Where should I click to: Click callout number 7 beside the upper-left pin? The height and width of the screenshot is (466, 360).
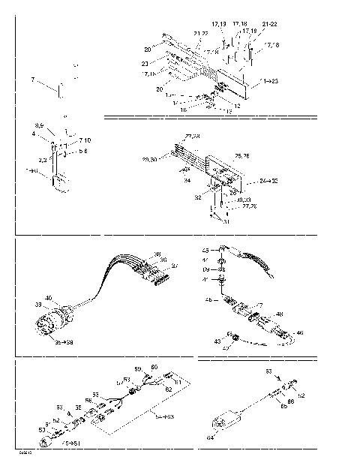click(x=32, y=79)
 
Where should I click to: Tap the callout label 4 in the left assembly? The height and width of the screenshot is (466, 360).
click(x=33, y=134)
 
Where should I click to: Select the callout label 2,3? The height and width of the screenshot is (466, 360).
click(x=43, y=159)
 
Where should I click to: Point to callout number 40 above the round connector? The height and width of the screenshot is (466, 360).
click(x=48, y=299)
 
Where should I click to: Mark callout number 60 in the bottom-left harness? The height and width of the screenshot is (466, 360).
click(x=154, y=367)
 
